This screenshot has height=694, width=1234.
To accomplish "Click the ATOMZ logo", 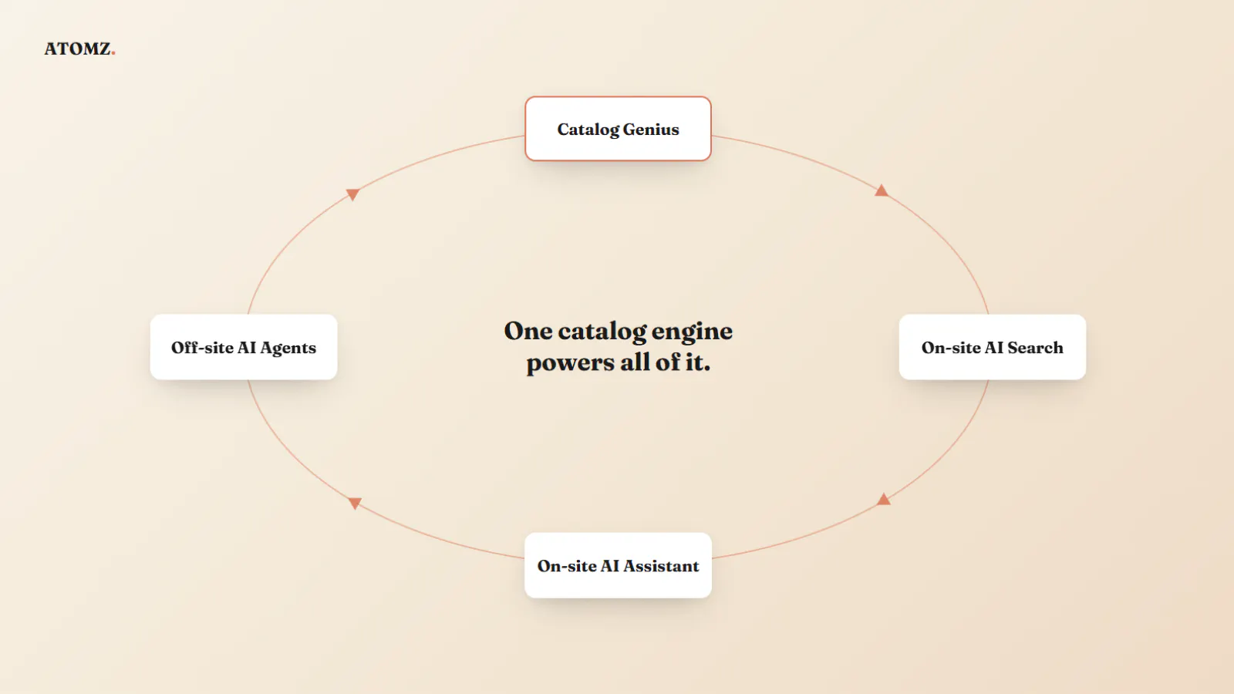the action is tap(80, 49).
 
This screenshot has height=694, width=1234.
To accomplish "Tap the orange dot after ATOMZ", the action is tap(113, 53).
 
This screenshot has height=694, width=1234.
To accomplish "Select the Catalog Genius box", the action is tap(618, 129).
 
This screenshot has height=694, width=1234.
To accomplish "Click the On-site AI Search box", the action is tap(992, 347).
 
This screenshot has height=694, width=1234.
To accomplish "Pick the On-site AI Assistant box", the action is tap(618, 565).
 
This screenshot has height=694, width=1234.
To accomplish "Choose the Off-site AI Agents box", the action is tap(244, 347).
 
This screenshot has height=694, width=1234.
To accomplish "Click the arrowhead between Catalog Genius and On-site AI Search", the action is tap(882, 190).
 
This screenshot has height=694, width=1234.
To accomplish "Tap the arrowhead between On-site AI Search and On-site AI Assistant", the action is tap(884, 499).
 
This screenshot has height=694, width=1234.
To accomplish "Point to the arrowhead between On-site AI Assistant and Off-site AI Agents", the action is tap(355, 503).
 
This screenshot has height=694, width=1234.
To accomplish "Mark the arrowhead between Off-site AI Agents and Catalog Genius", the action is tap(352, 194).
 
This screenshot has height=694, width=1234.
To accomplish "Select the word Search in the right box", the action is tap(1035, 348).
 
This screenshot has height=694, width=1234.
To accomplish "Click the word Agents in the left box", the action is tap(288, 349).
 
